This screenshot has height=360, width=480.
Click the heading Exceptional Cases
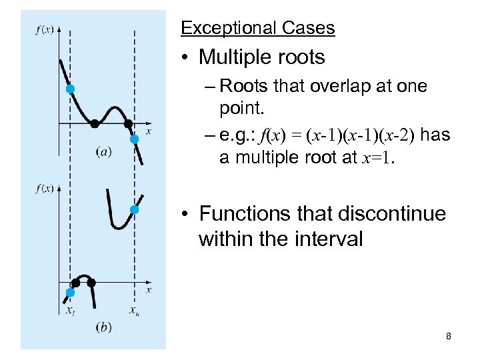coord(257,28)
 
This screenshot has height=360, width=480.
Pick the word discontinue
coord(387,214)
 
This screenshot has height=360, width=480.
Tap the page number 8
coord(449,337)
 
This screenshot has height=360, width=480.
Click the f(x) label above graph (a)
coord(45,30)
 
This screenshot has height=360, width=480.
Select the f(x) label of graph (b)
coord(45,189)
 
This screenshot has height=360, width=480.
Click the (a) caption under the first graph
coord(103,152)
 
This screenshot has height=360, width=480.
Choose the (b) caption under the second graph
coord(103,327)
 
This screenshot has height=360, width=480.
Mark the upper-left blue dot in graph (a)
coord(70,89)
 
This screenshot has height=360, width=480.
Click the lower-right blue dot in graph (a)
coord(134,139)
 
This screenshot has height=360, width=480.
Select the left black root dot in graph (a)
coord(95,123)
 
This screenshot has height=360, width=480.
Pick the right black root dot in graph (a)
coord(128,123)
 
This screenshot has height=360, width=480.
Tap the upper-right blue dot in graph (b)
coord(134,210)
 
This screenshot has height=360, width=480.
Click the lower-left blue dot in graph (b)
coord(70,292)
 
